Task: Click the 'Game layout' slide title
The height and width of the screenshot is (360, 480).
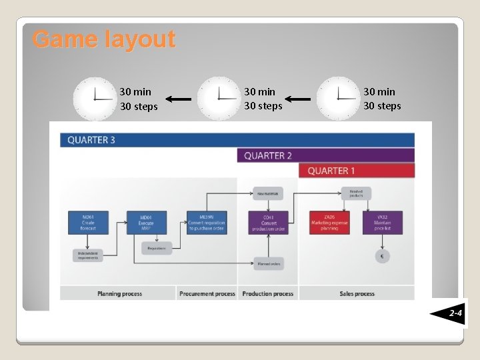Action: pyautogui.click(x=104, y=39)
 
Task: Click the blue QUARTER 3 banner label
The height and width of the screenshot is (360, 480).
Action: pyautogui.click(x=91, y=140)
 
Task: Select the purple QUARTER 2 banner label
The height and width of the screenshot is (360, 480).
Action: pyautogui.click(x=268, y=155)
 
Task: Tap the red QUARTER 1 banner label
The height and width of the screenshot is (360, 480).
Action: pyautogui.click(x=331, y=171)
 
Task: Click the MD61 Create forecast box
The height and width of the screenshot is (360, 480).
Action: pyautogui.click(x=89, y=223)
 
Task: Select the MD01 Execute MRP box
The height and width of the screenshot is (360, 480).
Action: pyautogui.click(x=147, y=223)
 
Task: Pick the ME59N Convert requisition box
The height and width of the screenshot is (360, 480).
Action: pyautogui.click(x=207, y=223)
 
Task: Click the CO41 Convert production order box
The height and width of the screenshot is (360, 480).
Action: pyautogui.click(x=269, y=223)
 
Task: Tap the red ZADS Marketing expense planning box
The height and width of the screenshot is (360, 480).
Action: pyautogui.click(x=329, y=223)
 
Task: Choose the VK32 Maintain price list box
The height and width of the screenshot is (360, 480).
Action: pyautogui.click(x=383, y=223)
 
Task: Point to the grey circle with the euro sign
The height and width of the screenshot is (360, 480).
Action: pyautogui.click(x=382, y=256)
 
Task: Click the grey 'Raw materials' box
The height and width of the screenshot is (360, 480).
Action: pyautogui.click(x=268, y=193)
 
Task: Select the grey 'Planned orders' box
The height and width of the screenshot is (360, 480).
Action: pyautogui.click(x=268, y=263)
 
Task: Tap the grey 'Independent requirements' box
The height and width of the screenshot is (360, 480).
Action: pyautogui.click(x=89, y=255)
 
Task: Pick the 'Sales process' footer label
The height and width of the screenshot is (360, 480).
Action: pyautogui.click(x=356, y=293)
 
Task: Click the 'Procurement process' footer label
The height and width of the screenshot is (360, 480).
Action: pyautogui.click(x=207, y=293)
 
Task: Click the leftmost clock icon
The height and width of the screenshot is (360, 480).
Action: pyautogui.click(x=95, y=99)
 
